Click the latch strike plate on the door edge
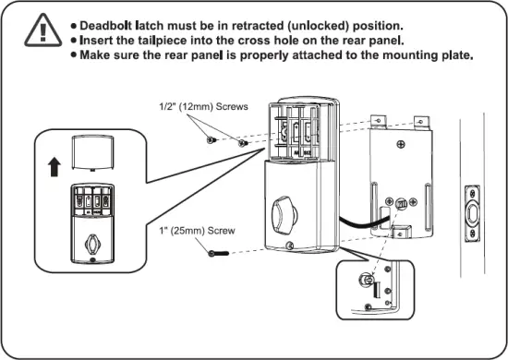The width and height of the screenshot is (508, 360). tap(477, 213)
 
